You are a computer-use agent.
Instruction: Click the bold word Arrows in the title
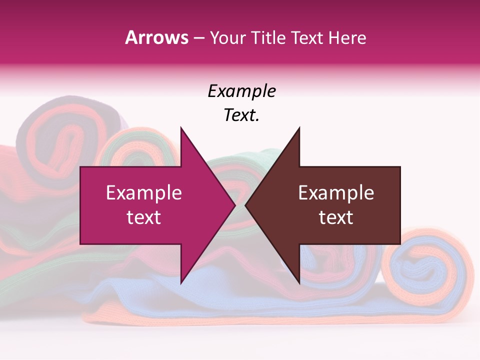point(157,37)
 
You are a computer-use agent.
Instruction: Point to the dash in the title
point(198,38)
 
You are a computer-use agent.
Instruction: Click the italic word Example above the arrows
point(241,91)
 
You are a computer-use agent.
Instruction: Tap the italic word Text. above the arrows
point(241,115)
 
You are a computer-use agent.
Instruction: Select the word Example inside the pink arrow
point(144,193)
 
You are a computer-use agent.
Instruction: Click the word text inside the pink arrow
point(144,217)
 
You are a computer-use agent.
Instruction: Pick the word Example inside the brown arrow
point(336,193)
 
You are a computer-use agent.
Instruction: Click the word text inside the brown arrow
point(336,217)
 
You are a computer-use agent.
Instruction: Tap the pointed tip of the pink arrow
point(233,205)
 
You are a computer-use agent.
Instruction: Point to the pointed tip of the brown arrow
point(246,205)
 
